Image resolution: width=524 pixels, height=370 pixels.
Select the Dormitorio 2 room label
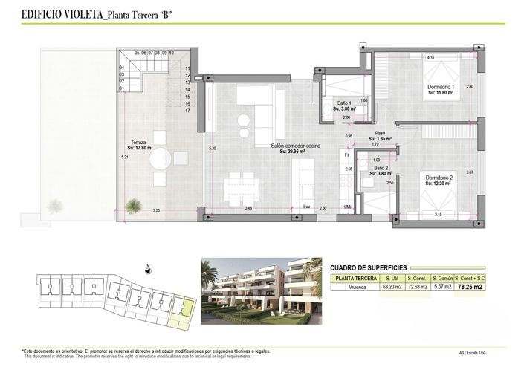click(439, 179)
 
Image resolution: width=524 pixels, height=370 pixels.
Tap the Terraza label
click(138, 144)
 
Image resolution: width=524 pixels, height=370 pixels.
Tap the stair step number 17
click(188, 111)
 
